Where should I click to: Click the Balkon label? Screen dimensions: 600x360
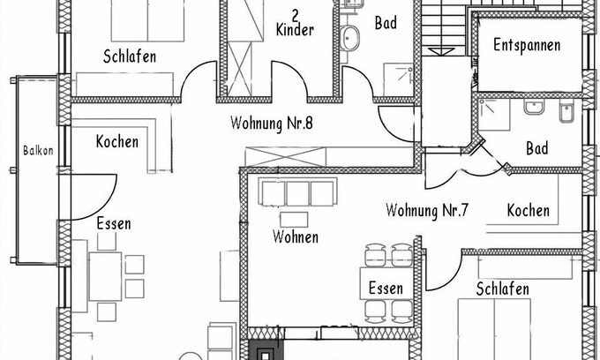click(x=38, y=150)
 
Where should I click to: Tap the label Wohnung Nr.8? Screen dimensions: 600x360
click(x=272, y=124)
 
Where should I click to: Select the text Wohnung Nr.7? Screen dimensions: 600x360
click(x=427, y=210)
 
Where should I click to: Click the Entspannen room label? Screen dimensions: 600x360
click(x=527, y=45)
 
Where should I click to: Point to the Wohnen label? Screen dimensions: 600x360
click(x=296, y=236)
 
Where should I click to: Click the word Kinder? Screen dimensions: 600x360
click(x=295, y=29)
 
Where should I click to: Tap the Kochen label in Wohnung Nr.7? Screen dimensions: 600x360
click(x=528, y=210)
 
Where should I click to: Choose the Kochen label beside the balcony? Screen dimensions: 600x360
click(x=117, y=141)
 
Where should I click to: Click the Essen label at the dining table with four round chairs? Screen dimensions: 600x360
click(x=386, y=288)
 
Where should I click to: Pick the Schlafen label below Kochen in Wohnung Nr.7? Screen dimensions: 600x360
click(x=502, y=289)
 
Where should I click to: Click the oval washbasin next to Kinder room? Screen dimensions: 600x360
click(x=349, y=38)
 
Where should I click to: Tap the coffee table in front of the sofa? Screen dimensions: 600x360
click(x=294, y=220)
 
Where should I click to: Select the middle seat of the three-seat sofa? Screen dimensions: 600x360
click(x=297, y=193)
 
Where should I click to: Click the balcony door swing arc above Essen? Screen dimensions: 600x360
click(x=109, y=203)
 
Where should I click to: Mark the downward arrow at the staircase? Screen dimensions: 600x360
click(x=441, y=52)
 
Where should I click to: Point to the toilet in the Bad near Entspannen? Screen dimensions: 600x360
click(x=566, y=111)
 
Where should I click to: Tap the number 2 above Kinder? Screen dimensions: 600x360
click(x=295, y=15)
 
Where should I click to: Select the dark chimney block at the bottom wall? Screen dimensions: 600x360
click(x=264, y=350)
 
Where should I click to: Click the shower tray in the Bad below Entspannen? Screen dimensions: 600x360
click(x=494, y=114)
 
